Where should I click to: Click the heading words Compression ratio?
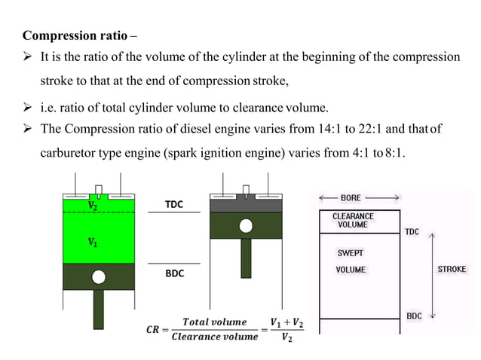pyautogui.click(x=75, y=35)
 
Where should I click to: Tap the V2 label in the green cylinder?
pyautogui.click(x=92, y=205)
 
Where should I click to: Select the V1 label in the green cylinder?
pyautogui.click(x=92, y=242)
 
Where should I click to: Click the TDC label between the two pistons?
pyautogui.click(x=174, y=204)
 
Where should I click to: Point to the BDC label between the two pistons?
pyautogui.click(x=174, y=273)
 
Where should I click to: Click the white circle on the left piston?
pyautogui.click(x=97, y=277)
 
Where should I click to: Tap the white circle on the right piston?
pyautogui.click(x=246, y=225)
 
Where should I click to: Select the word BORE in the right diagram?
pyautogui.click(x=351, y=198)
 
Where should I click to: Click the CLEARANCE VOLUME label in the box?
pyautogui.click(x=353, y=220)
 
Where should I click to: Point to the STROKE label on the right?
pyautogui.click(x=452, y=269)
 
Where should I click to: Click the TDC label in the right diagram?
pyautogui.click(x=412, y=232)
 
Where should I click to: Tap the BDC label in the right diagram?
pyautogui.click(x=414, y=316)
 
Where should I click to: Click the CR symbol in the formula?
pyautogui.click(x=153, y=329)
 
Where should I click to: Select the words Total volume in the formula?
pyautogui.click(x=214, y=322)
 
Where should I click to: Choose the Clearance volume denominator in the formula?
pyautogui.click(x=214, y=337)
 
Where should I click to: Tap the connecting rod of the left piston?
pyautogui.click(x=97, y=308)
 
